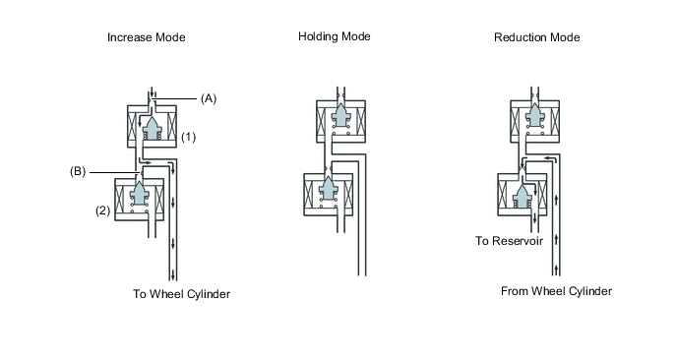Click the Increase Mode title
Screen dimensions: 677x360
click(147, 37)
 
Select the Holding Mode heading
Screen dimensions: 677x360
click(335, 36)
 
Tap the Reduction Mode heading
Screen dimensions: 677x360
click(536, 37)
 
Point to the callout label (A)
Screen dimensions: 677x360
click(209, 98)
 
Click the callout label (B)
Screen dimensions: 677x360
click(78, 172)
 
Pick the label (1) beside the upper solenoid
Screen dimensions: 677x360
click(188, 138)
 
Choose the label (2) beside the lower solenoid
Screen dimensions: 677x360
click(102, 210)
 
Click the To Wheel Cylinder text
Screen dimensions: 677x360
click(181, 294)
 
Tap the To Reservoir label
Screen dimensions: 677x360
click(509, 241)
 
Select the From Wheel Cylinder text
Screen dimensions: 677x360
click(556, 291)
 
